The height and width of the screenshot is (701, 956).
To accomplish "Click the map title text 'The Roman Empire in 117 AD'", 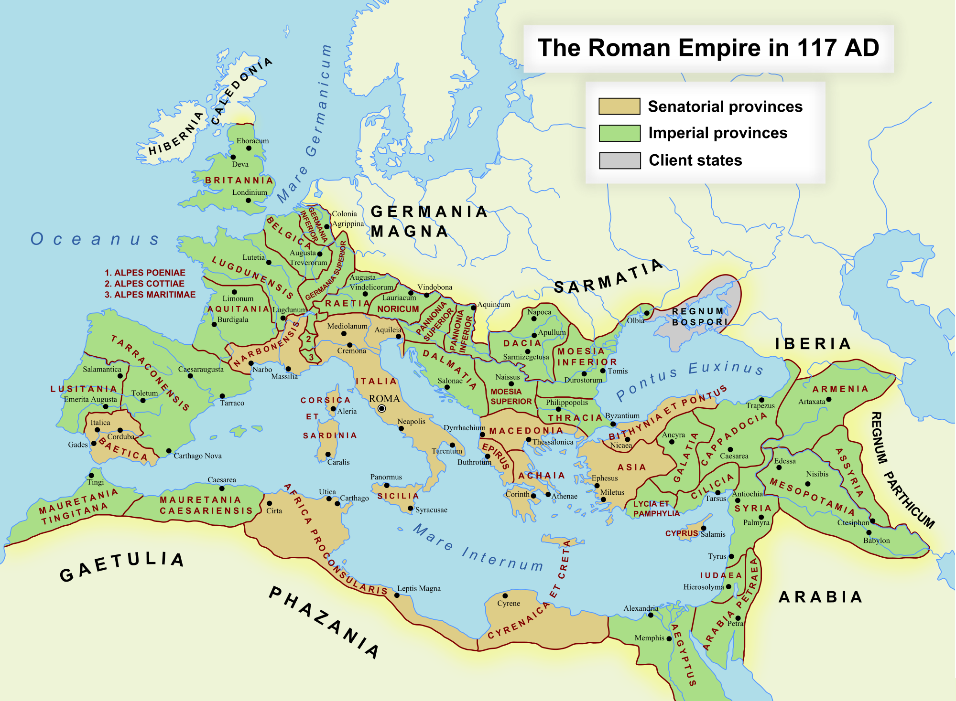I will coord(708,48).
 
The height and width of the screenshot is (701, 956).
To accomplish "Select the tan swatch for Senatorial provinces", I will coord(619,106).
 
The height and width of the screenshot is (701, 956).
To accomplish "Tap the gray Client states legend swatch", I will coord(619,160).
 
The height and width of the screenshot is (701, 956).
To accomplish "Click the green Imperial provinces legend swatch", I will coord(619,133).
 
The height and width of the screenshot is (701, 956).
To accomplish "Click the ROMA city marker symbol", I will coord(381,408).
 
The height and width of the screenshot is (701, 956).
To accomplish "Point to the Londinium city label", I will coord(250,192).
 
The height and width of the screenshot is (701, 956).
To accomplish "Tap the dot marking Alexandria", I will coord(651,615).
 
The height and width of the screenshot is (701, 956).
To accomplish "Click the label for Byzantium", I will coord(622,416).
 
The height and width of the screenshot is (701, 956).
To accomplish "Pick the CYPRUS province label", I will coord(681,533).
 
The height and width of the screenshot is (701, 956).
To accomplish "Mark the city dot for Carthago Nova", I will coord(169,451).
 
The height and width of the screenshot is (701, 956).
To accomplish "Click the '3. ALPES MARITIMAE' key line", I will coord(150,295).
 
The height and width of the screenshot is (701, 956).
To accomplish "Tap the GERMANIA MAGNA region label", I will coord(428,221).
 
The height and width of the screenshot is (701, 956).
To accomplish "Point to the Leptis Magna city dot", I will coord(397,595).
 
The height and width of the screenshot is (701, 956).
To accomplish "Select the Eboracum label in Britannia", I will coord(252,141).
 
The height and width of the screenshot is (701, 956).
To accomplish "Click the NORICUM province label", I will coord(398,309).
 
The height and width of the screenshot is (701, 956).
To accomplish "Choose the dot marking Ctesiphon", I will coord(872,521).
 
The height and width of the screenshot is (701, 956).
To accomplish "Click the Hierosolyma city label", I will coord(703,587).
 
